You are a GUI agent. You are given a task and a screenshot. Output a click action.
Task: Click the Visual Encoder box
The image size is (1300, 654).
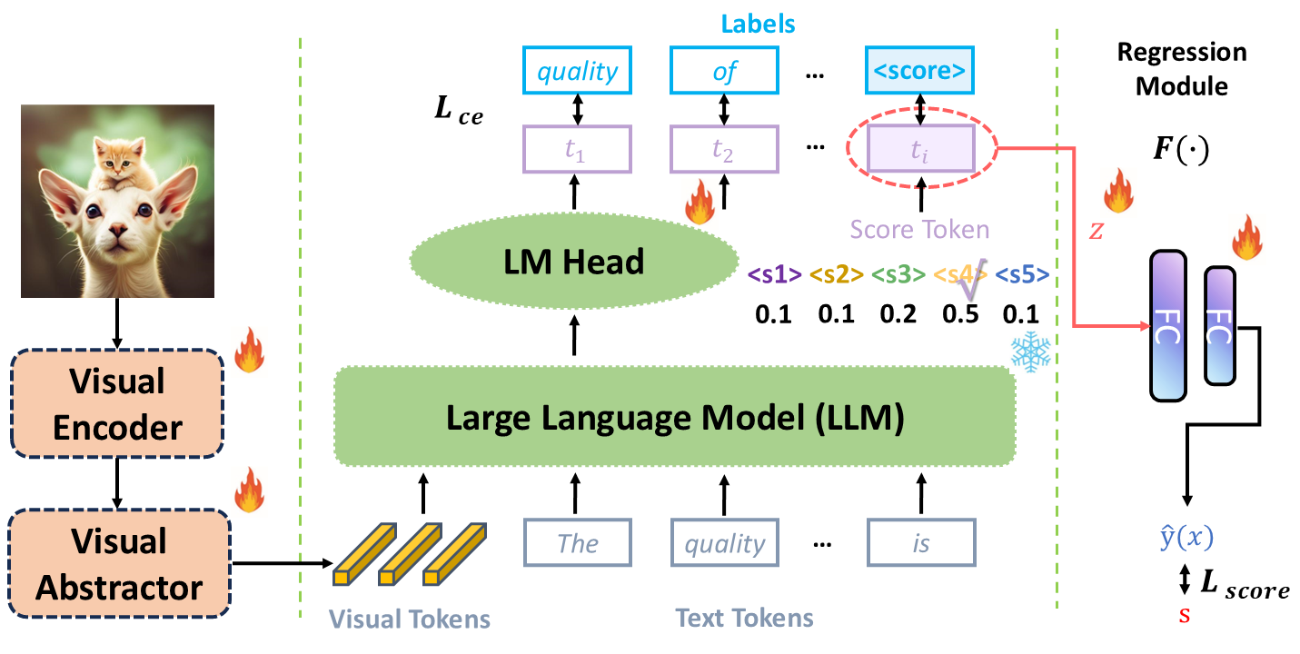click(x=117, y=404)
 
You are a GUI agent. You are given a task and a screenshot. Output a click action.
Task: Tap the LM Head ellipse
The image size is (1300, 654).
click(x=575, y=263)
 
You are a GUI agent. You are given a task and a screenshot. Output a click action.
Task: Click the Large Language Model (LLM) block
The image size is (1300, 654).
click(x=674, y=416)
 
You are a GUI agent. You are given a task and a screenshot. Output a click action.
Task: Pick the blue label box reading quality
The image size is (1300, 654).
click(x=576, y=71)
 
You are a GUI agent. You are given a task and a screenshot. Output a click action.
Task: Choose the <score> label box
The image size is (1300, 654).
click(x=919, y=71)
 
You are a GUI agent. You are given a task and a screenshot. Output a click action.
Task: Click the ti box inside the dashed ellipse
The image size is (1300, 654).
click(x=919, y=152)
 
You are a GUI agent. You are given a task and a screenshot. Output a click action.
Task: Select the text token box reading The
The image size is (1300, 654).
click(x=577, y=543)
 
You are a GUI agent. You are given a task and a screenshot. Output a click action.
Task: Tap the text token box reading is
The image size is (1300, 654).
click(x=919, y=543)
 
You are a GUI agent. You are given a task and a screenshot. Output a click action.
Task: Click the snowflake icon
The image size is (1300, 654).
click(x=1030, y=353)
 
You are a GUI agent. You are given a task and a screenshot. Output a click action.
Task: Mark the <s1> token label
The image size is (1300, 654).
click(x=774, y=273)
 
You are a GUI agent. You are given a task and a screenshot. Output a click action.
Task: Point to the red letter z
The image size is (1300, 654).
click(x=1096, y=232)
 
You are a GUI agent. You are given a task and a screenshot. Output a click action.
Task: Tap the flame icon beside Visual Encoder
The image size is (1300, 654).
click(x=247, y=351)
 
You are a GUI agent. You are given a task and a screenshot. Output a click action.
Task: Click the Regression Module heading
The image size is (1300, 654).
click(x=1181, y=68)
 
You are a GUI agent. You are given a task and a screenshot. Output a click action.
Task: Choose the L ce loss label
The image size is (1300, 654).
click(x=460, y=114)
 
